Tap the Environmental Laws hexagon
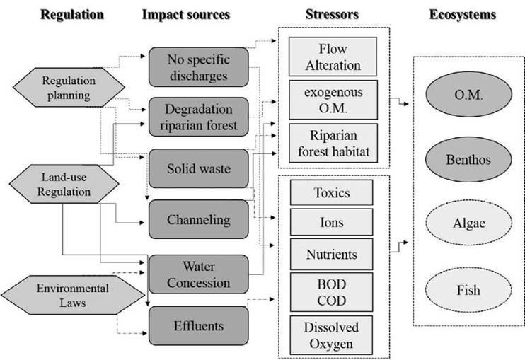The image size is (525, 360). pos(64,295)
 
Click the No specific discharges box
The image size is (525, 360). pos(198,66)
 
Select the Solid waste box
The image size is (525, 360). pos(198,168)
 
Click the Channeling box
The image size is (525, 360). pos(198,219)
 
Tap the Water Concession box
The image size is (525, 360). pos(198,274)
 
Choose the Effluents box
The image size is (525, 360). pos(198,326)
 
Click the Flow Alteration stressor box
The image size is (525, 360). pos(333,57)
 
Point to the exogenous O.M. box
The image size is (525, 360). pos(333,100)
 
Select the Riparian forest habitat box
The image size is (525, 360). pos(333,142)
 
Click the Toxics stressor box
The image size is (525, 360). pos(332,192)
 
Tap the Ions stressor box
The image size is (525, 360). pos(332,222)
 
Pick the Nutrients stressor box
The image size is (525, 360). pos(332,253)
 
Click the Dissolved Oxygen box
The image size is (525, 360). pos(332,335)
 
